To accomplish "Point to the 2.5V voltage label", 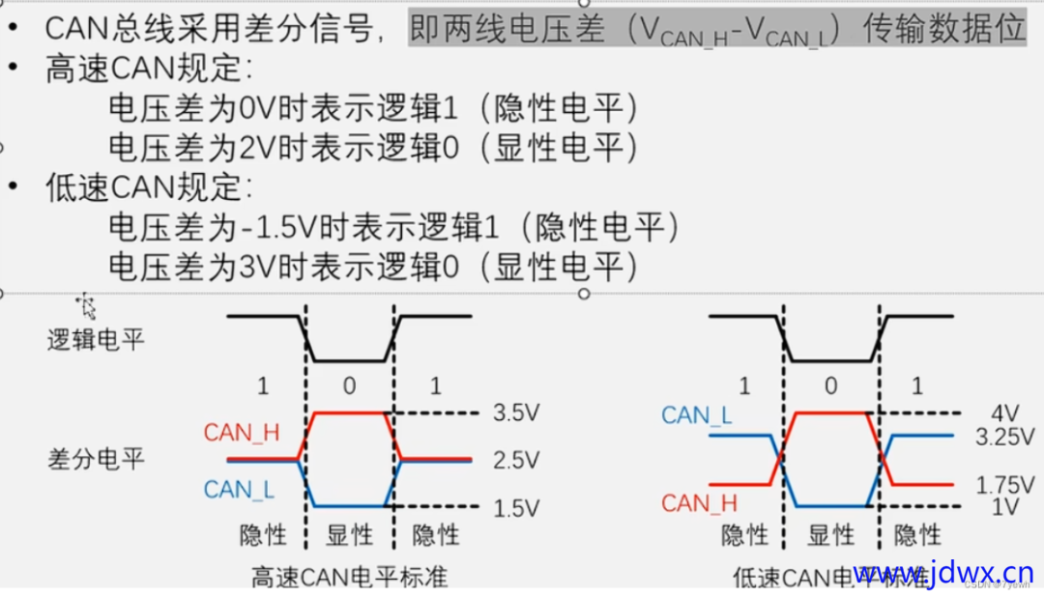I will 515,461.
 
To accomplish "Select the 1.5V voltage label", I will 515,507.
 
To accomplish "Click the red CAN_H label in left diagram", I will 241,433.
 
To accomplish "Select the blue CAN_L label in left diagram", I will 239,490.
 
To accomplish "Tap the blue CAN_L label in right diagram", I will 698,415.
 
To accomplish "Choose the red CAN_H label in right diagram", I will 699,503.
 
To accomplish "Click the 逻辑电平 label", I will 96,340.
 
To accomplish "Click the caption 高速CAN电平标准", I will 350,578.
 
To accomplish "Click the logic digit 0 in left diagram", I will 349,386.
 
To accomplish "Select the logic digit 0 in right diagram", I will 830,386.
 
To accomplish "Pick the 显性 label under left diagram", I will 349,535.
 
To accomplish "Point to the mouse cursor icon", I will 88,306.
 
